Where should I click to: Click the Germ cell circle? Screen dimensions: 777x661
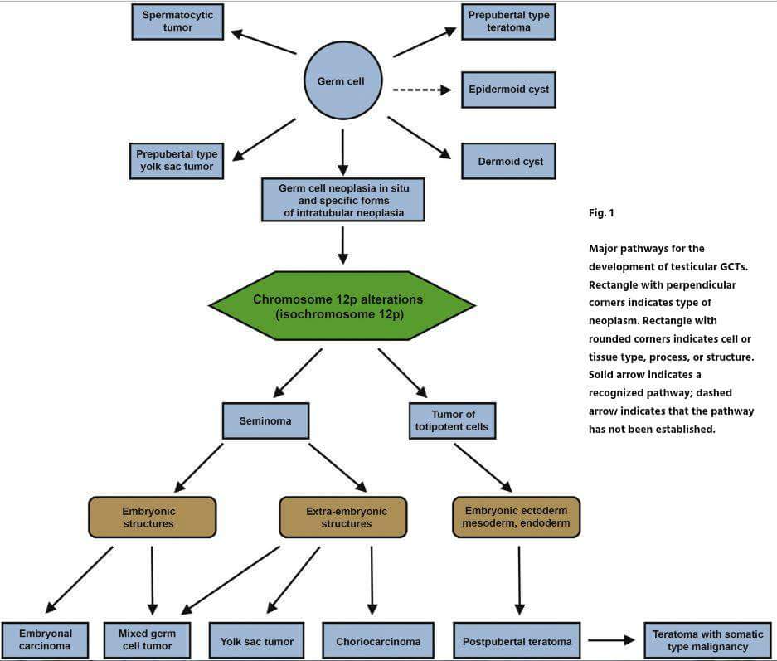click(x=343, y=80)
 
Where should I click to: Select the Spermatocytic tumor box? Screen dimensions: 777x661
click(x=177, y=22)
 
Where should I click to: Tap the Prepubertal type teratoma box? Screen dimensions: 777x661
click(x=508, y=22)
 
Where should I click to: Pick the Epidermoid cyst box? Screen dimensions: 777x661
click(x=508, y=90)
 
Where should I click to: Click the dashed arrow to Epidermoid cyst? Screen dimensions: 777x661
click(x=422, y=90)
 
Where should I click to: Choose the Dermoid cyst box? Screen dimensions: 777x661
click(x=508, y=161)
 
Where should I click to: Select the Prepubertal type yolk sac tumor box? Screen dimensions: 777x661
click(x=177, y=161)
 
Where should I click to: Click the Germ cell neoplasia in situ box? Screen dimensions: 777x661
click(x=343, y=200)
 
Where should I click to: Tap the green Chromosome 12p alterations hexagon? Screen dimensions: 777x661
click(x=342, y=305)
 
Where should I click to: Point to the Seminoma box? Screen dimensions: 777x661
click(x=265, y=420)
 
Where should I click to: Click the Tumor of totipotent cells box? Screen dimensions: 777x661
click(x=452, y=420)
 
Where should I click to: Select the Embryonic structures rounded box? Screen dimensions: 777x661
click(x=152, y=518)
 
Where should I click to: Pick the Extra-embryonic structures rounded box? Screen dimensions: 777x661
click(x=343, y=518)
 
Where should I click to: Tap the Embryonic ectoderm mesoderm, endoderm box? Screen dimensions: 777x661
click(x=517, y=518)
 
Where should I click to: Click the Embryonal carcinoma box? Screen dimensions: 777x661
click(x=45, y=640)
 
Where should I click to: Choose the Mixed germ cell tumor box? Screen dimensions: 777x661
click(x=147, y=640)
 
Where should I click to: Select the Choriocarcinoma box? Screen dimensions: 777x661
click(x=378, y=641)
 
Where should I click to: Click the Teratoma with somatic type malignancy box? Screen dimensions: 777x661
click(x=707, y=641)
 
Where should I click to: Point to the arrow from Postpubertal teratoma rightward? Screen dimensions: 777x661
click(x=611, y=640)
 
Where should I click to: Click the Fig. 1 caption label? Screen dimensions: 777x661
click(x=601, y=213)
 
